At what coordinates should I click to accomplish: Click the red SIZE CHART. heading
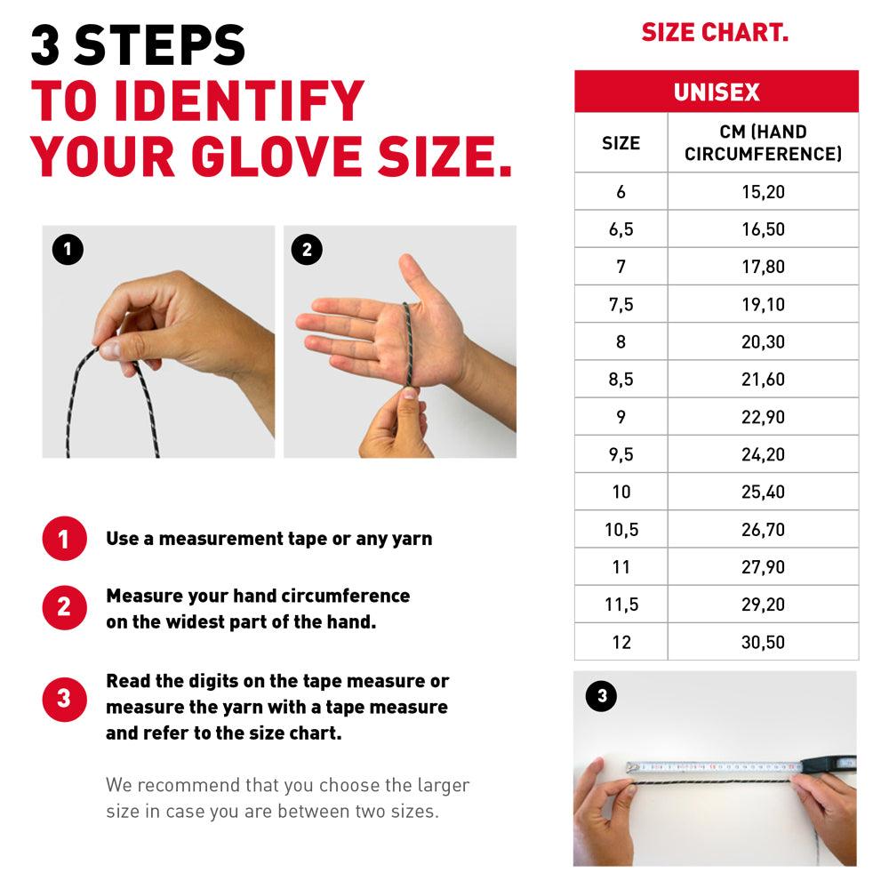point(715,32)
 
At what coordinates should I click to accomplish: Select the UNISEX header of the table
point(717,92)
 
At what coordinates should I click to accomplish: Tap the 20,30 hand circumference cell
point(763,342)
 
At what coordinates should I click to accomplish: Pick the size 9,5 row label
point(621,454)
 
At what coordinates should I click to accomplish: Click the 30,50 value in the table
point(763,642)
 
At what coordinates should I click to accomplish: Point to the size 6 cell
point(621,192)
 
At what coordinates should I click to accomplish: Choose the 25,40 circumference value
point(763,492)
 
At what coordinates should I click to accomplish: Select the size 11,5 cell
point(621,605)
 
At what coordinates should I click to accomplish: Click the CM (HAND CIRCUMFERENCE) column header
point(763,142)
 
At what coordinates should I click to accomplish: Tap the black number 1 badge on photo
point(68,250)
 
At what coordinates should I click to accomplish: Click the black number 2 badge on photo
point(307,250)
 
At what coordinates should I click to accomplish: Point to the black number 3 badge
point(602,696)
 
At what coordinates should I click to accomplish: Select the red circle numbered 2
point(65,607)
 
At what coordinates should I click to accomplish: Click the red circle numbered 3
point(65,699)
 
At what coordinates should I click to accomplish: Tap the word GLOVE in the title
point(276,156)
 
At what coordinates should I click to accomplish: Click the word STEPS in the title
point(159,45)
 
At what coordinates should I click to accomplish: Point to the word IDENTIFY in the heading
point(238,101)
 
